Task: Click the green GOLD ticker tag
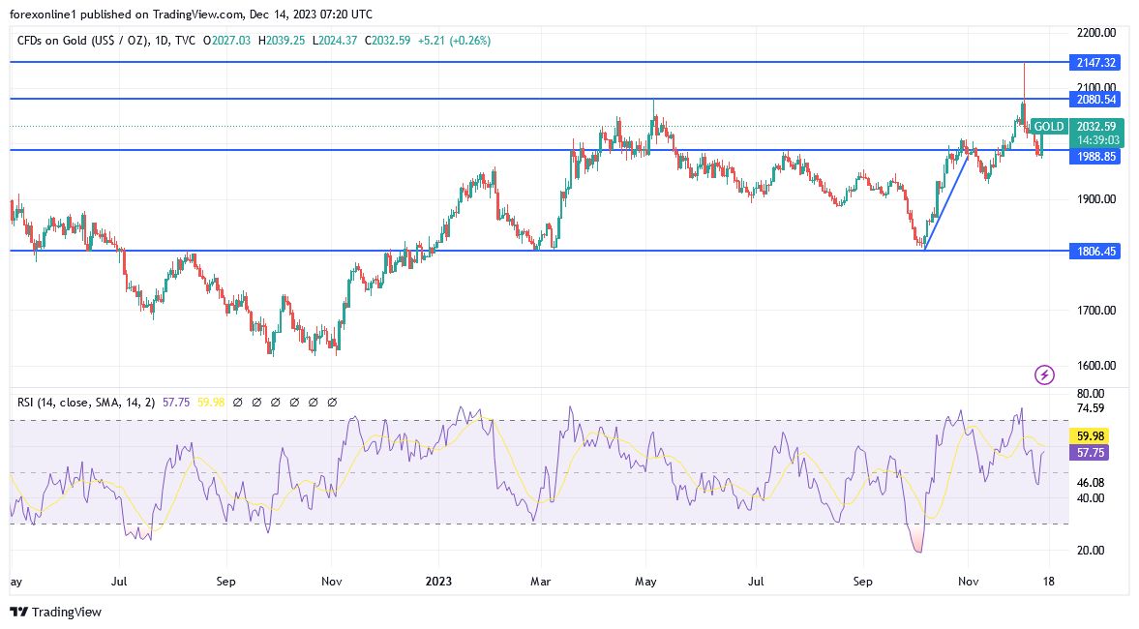tap(1048, 127)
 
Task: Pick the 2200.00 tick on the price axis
tap(1096, 33)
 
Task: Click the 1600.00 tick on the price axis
tap(1096, 366)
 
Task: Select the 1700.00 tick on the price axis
tap(1096, 311)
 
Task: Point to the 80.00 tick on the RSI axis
tap(1091, 394)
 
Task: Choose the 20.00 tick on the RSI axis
tap(1091, 550)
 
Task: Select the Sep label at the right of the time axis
tap(863, 582)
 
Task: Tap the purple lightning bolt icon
tap(1044, 374)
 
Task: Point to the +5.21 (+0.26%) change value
tap(455, 41)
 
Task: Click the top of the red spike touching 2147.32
tap(1024, 64)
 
